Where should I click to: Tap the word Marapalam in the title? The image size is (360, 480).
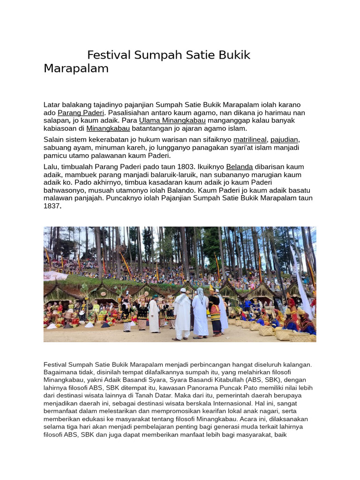[x=76, y=68]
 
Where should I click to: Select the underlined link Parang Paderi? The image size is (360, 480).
[x=81, y=113]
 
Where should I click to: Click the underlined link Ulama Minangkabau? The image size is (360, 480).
[x=172, y=120]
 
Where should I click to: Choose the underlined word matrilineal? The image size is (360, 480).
[x=250, y=140]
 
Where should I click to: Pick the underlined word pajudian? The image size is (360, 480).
[x=284, y=140]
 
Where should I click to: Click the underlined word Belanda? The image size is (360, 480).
[x=240, y=167]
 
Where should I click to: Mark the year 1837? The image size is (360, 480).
[x=52, y=206]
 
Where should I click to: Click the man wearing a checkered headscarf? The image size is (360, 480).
[x=200, y=312]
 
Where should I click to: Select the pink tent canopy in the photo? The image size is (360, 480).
[x=55, y=275]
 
